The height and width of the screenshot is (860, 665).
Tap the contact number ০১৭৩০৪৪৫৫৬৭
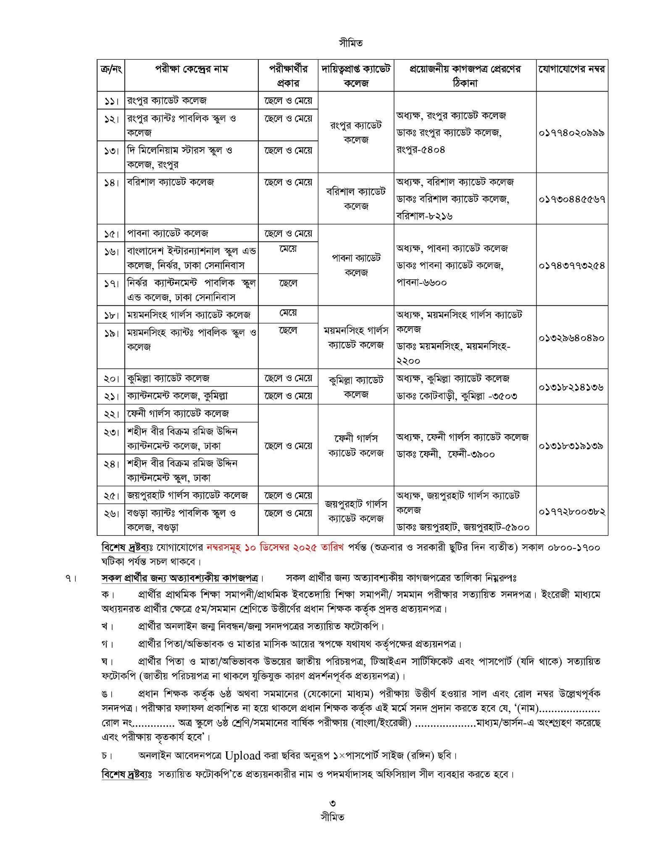[572, 199]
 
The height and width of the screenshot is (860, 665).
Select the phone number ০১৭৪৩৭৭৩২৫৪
[572, 265]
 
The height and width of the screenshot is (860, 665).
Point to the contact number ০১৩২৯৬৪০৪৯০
[572, 338]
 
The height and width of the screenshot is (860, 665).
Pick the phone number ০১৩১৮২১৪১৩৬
[572, 387]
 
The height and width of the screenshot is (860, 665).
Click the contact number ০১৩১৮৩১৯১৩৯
[572, 446]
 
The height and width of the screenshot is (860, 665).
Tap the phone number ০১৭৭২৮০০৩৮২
[572, 511]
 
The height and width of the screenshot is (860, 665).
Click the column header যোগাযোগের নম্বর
[572, 69]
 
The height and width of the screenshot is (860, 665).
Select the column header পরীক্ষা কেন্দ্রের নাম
[191, 69]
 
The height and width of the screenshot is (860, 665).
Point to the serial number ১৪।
[111, 183]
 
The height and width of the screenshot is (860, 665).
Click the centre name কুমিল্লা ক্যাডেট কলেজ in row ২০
[168, 378]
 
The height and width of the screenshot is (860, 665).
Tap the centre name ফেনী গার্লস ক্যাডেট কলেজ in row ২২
[178, 413]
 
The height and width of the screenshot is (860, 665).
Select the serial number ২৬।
[111, 513]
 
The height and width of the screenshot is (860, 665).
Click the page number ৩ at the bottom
[332, 803]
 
